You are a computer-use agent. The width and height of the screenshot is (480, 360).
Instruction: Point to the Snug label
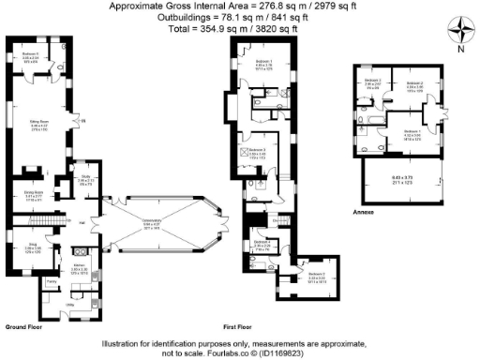[x=30, y=245]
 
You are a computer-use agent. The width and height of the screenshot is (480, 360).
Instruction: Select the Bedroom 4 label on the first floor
[x=263, y=247]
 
